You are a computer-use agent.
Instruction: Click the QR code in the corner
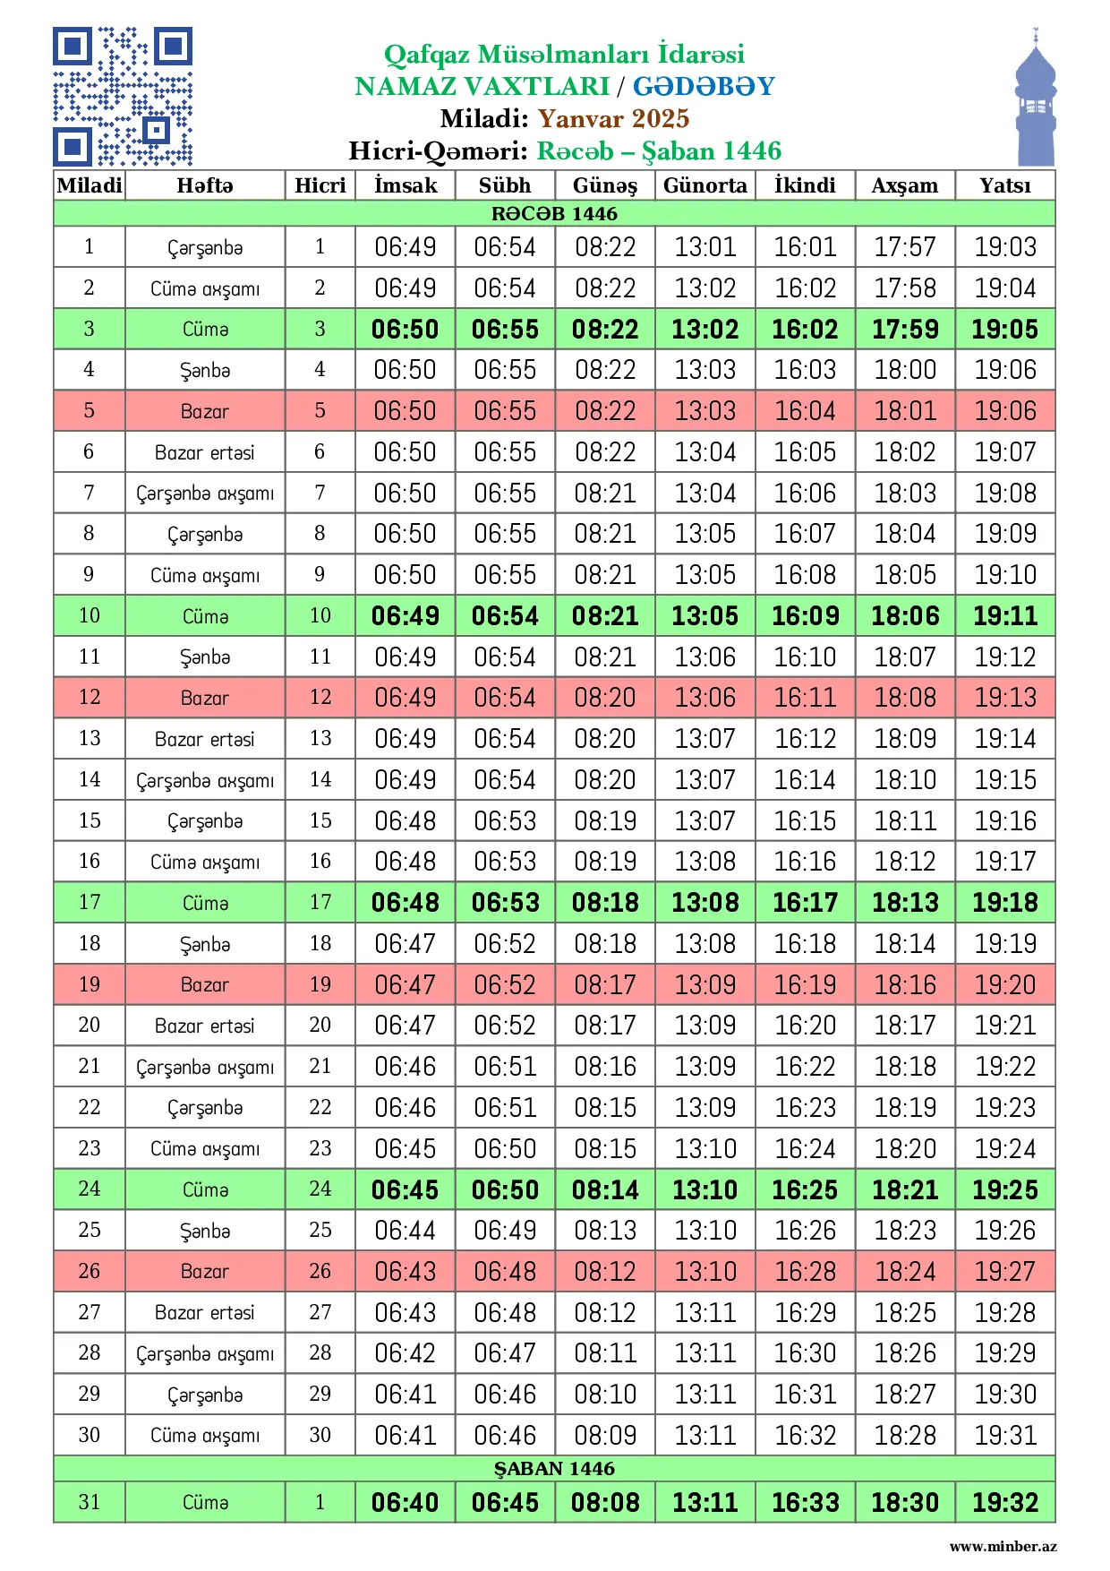(123, 97)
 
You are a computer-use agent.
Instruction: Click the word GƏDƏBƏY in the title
(704, 86)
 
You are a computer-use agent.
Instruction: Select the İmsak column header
(406, 185)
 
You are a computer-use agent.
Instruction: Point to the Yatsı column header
(1004, 185)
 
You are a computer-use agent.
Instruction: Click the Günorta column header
(704, 185)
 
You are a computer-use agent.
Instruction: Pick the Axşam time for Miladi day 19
(905, 984)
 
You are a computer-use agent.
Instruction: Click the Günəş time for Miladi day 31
(605, 1502)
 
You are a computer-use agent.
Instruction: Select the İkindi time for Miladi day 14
(805, 779)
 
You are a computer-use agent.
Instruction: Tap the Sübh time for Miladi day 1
(505, 247)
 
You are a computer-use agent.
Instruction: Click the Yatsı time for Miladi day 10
(1004, 615)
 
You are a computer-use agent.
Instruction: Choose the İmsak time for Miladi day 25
(406, 1230)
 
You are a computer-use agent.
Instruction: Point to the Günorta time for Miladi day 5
(704, 411)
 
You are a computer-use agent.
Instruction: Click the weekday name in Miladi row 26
(205, 1271)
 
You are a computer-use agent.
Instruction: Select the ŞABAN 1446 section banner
(554, 1468)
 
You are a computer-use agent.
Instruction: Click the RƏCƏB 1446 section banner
(554, 213)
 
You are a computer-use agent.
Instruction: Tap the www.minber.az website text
(1003, 1546)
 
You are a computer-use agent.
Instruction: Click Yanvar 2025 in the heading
(613, 118)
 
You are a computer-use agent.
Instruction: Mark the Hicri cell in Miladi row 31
(320, 1502)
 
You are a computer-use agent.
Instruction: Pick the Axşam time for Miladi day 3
(905, 329)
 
